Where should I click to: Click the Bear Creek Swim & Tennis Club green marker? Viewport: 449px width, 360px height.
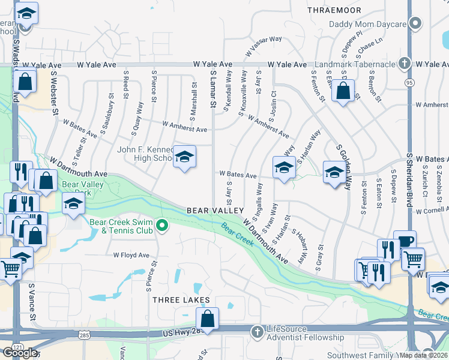point(161,226)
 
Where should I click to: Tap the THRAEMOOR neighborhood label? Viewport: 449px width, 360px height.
point(334,10)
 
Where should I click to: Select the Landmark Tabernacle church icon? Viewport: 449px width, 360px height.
point(405,63)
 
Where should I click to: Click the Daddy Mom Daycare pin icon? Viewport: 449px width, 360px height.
point(414,25)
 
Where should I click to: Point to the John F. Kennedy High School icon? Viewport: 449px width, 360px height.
point(184,157)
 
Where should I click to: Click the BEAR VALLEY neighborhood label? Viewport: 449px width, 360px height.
point(215,211)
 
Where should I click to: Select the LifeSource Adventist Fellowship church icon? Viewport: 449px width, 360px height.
point(257,331)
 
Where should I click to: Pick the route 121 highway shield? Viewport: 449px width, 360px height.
point(14,348)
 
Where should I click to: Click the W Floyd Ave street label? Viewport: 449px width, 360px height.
point(131,255)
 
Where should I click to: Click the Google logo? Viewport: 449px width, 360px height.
point(20,353)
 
